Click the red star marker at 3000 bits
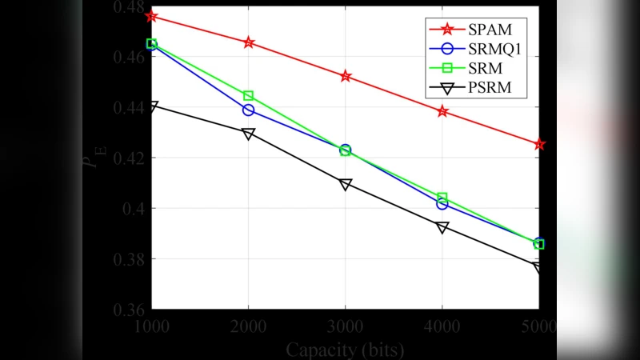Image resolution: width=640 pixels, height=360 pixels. point(346,76)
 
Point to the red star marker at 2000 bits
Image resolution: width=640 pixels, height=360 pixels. point(249,42)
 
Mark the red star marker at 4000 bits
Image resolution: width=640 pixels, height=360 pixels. point(442,111)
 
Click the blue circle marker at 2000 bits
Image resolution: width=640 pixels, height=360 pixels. point(249,110)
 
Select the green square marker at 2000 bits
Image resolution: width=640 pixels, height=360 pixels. point(249,96)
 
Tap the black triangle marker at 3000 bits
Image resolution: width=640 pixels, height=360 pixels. point(346,184)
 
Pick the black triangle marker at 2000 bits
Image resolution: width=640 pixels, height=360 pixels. point(249,134)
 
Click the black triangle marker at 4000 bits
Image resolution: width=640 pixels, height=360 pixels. point(442,227)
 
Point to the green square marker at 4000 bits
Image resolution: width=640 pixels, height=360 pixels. point(442,197)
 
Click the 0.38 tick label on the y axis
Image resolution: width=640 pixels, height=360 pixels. point(130,259)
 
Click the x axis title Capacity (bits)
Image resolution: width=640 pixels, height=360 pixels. point(345,350)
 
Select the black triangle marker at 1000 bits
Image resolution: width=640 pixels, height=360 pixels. point(152,106)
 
